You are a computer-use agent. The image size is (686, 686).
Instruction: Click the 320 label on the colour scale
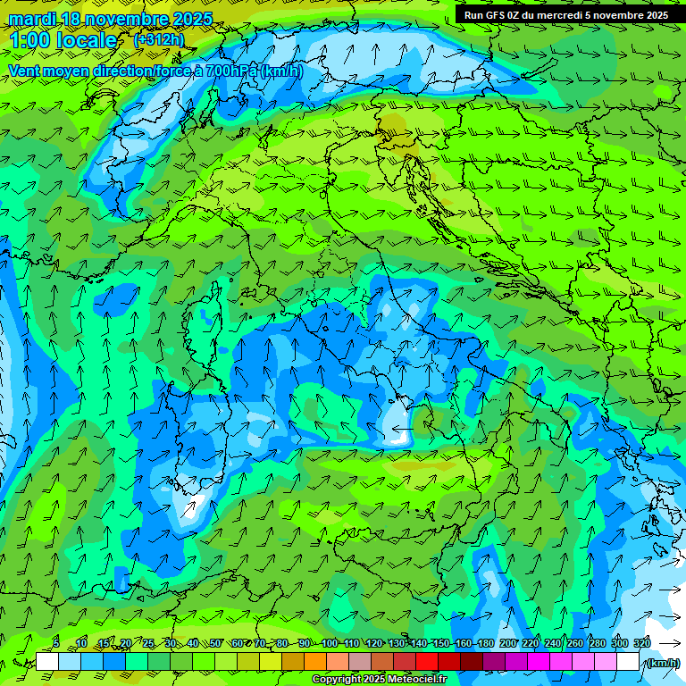point(641,643)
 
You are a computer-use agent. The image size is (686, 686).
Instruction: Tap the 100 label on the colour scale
point(330,643)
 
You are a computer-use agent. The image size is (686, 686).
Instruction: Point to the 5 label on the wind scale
point(56,643)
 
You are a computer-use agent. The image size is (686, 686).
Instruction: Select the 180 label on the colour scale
point(486,643)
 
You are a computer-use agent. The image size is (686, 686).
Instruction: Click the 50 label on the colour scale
point(215,643)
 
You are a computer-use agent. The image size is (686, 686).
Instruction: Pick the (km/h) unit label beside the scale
point(662,662)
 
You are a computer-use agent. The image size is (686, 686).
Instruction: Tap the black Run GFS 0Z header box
point(566,14)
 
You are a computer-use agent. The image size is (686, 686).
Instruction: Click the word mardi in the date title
point(31,19)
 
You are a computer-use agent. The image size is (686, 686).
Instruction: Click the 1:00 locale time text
point(63,40)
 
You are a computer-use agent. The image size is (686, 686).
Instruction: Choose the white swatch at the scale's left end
point(47,662)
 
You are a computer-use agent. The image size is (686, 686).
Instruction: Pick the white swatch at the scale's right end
point(627,662)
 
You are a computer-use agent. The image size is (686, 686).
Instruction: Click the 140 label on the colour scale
point(419,643)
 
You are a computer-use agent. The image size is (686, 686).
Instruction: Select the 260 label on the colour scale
point(575,643)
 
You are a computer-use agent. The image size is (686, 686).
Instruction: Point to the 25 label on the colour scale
point(148,643)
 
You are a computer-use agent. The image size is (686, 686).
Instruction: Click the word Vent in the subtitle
point(26,71)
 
